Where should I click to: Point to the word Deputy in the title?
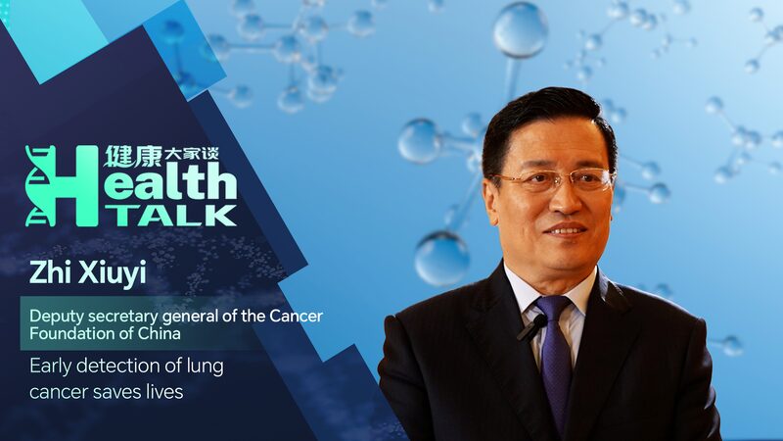[55, 318]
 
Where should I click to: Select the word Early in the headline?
[50, 368]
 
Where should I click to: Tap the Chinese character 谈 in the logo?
[224, 156]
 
